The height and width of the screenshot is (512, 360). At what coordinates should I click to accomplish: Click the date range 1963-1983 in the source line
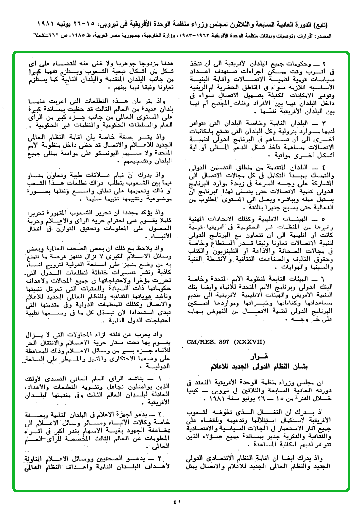click(196, 36)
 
